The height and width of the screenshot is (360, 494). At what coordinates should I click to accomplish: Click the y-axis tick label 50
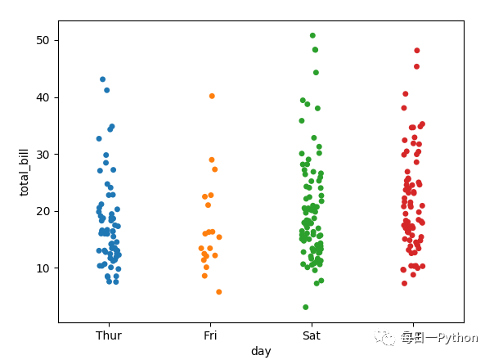click(x=43, y=40)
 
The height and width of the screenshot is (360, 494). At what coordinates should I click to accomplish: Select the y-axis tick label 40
click(x=43, y=97)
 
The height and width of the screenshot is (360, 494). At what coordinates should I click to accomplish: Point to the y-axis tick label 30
click(x=43, y=154)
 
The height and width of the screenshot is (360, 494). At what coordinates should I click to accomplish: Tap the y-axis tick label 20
click(x=43, y=211)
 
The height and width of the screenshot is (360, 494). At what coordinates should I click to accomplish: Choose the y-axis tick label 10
click(x=43, y=268)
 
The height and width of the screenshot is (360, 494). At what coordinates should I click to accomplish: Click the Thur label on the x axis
click(x=109, y=335)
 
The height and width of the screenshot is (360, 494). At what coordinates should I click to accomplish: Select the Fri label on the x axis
click(x=210, y=335)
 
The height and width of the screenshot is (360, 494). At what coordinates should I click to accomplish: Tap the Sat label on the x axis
click(x=311, y=335)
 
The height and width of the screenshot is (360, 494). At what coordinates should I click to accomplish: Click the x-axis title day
click(x=261, y=351)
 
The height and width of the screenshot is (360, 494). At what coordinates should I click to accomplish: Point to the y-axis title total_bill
click(x=25, y=172)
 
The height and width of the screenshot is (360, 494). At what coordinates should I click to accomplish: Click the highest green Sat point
click(x=312, y=36)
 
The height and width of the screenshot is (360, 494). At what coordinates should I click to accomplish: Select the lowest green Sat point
click(x=306, y=308)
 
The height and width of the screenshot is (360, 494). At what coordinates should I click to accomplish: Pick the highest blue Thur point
click(x=102, y=79)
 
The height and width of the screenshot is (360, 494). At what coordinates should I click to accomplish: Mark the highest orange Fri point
click(x=212, y=97)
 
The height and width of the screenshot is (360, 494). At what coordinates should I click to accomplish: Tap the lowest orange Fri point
click(x=219, y=292)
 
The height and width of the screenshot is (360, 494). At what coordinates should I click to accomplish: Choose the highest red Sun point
click(x=417, y=51)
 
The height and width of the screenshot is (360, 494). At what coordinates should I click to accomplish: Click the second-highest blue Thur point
click(x=107, y=91)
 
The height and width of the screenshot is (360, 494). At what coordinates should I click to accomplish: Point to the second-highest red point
click(x=416, y=67)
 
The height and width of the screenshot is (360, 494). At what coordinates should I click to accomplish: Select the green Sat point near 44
click(x=316, y=73)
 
